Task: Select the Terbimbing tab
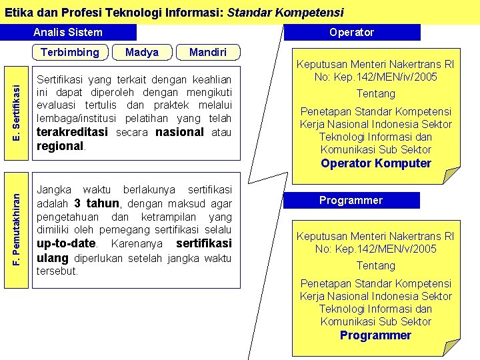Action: click(x=69, y=52)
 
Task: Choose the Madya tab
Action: click(x=142, y=52)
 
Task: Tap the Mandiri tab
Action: click(x=207, y=52)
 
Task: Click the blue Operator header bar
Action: click(x=352, y=32)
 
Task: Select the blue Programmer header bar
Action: click(x=351, y=200)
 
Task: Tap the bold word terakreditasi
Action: click(x=73, y=132)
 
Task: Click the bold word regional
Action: click(x=60, y=146)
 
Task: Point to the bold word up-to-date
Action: click(x=67, y=243)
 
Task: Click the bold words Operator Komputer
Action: click(x=376, y=163)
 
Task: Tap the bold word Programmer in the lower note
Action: click(x=375, y=335)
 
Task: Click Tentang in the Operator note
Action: click(x=375, y=93)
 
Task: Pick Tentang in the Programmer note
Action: click(x=375, y=265)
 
